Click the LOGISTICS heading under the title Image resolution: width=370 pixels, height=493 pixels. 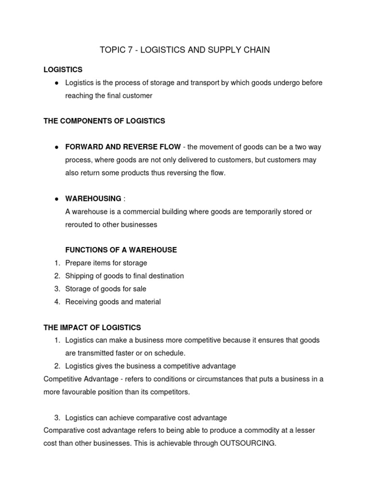click(63, 70)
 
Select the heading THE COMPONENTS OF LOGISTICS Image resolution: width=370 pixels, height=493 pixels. click(104, 121)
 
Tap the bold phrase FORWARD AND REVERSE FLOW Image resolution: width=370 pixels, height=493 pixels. click(123, 147)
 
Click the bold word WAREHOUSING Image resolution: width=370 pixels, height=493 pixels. click(93, 198)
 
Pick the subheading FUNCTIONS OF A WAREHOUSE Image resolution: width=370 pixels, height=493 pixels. click(121, 250)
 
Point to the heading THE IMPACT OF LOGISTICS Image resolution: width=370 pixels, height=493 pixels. click(92, 327)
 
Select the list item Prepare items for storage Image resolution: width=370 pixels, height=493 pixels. click(106, 263)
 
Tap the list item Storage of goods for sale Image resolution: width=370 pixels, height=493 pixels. click(106, 289)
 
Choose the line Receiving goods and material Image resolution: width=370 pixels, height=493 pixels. click(113, 302)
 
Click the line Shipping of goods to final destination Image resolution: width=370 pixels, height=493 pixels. click(124, 276)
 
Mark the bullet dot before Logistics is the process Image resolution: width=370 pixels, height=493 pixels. click(56, 83)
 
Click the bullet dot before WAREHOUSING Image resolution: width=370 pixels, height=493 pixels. click(56, 198)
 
